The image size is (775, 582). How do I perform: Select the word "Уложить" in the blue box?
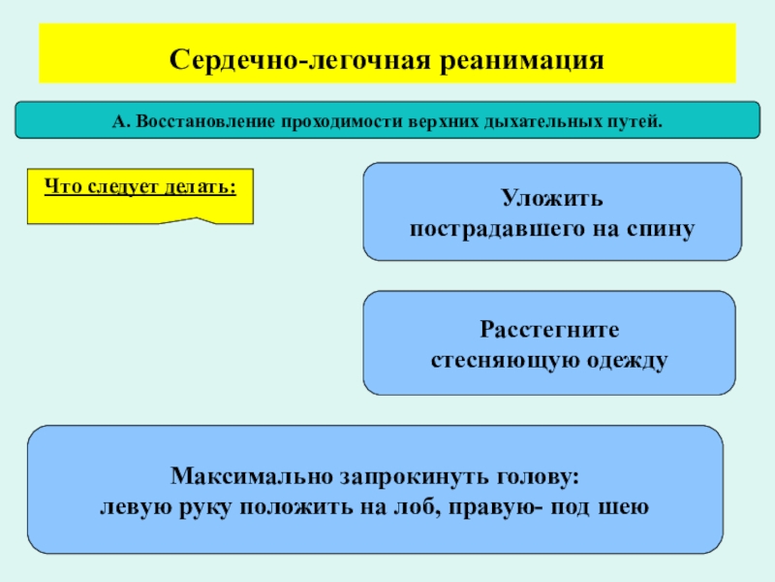(552, 199)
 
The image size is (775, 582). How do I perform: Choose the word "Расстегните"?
(549, 329)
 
